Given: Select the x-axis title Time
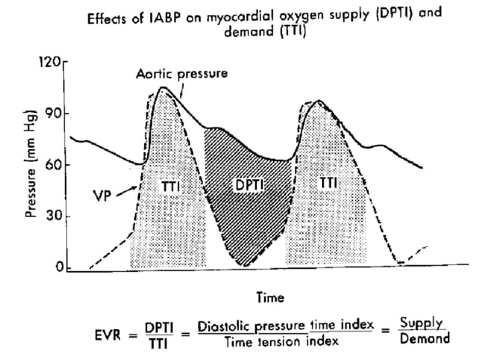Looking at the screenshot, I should click(x=270, y=297).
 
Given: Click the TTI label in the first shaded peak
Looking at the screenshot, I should click(x=172, y=184).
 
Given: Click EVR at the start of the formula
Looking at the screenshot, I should click(x=114, y=337).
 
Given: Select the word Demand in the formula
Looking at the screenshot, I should click(x=424, y=338).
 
